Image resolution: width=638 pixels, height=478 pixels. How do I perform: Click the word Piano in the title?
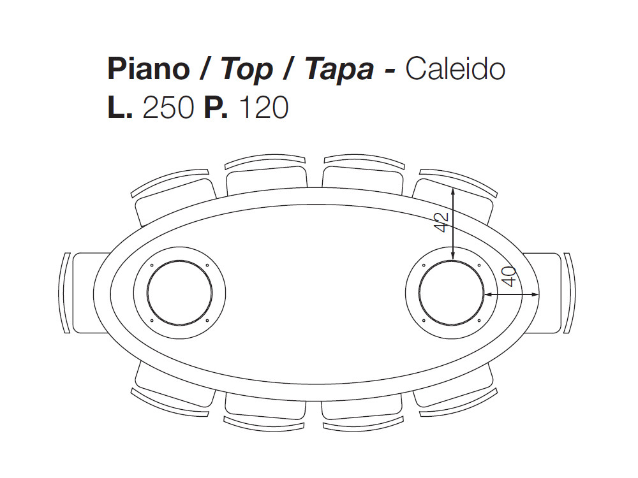(x=148, y=69)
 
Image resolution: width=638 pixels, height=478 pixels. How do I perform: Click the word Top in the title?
(x=246, y=69)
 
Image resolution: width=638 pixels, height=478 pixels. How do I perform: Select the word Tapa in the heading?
(x=339, y=69)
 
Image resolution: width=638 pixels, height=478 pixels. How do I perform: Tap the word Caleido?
(x=455, y=69)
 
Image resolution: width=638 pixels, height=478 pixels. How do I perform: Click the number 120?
(x=263, y=108)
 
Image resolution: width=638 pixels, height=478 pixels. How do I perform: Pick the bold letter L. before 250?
(x=120, y=108)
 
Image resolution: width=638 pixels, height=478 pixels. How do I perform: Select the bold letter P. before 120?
(x=216, y=108)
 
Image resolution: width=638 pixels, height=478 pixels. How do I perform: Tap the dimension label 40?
(x=508, y=277)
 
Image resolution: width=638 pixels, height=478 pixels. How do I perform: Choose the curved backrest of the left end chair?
(x=64, y=293)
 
